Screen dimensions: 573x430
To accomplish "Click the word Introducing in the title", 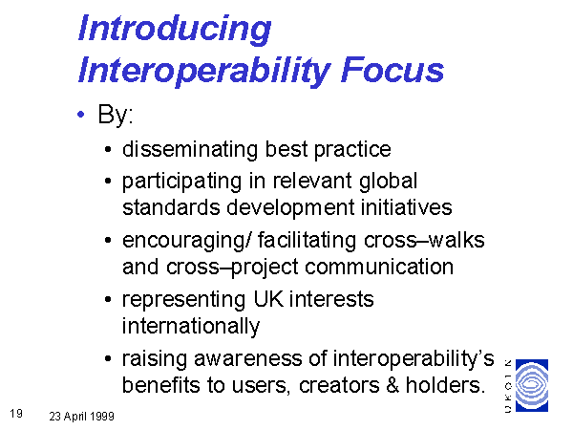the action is [175, 30].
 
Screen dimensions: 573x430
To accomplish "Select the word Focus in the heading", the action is [393, 70].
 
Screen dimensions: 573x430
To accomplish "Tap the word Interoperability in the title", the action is [204, 71].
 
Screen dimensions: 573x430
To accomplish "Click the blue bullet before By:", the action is [81, 115].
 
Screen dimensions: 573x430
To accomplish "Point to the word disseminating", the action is [190, 149].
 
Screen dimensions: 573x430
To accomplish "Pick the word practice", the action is [352, 150].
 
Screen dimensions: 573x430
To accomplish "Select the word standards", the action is [171, 207].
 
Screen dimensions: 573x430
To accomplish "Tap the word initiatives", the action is [407, 207].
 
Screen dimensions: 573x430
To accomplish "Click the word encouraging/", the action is [187, 241].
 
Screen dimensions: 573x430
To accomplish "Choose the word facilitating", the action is [307, 241].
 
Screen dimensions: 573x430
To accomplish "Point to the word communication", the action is [379, 267].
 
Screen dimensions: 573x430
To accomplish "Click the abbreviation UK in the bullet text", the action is [268, 299].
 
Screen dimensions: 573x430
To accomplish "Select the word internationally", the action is [191, 326].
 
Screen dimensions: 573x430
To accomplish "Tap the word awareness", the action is [248, 358].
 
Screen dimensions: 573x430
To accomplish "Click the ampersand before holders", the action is [393, 385].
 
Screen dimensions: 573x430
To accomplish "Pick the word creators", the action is [339, 385].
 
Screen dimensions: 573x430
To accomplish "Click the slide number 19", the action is [16, 414].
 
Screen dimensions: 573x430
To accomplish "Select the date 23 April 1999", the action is [81, 416].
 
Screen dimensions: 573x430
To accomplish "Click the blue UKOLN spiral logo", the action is [532, 386].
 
